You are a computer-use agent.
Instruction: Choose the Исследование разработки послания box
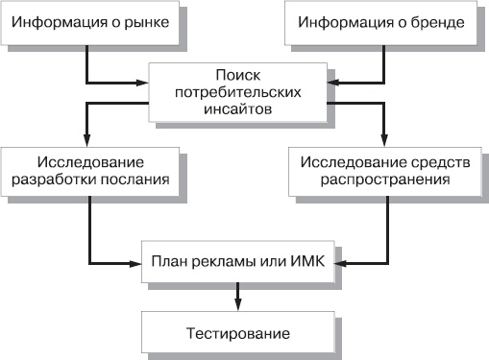(91, 169)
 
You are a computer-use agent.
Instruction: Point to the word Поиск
(237, 74)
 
